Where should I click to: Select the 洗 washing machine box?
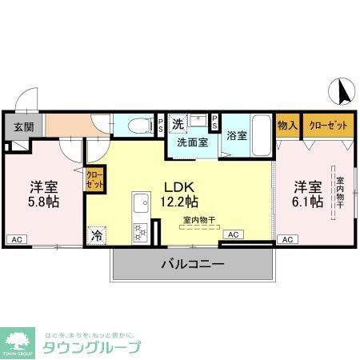tap(178, 124)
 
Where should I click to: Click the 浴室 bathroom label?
tap(236, 135)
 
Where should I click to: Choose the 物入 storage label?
tap(287, 126)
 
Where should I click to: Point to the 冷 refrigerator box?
tap(96, 235)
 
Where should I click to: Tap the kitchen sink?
tap(139, 202)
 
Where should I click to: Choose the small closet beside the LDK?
tap(94, 178)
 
